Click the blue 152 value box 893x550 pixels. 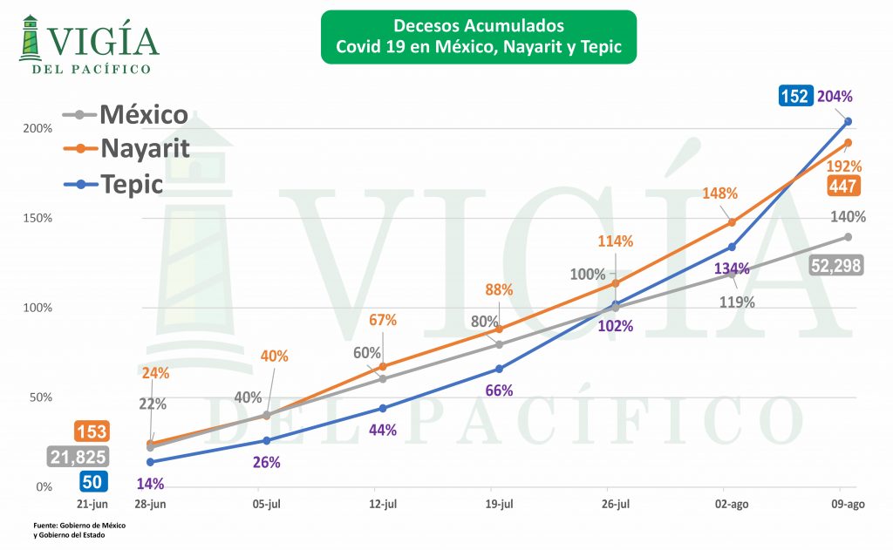pos(794,96)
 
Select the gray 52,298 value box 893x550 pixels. pos(836,266)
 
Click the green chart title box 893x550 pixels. pos(478,37)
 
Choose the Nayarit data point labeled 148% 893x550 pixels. pos(732,222)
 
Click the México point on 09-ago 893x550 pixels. pos(848,237)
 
